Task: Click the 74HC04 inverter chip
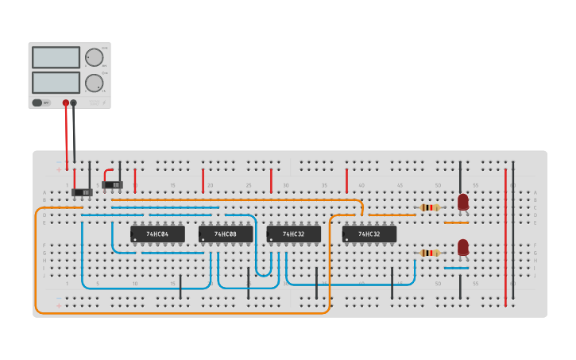pyautogui.click(x=157, y=234)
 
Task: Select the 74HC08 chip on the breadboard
pyautogui.click(x=226, y=234)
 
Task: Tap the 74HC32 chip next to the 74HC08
pyautogui.click(x=293, y=234)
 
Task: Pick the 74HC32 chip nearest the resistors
pyautogui.click(x=369, y=234)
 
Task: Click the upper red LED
pyautogui.click(x=463, y=202)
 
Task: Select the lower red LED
pyautogui.click(x=463, y=247)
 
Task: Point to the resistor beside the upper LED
pyautogui.click(x=430, y=207)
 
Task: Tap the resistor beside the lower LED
pyautogui.click(x=430, y=254)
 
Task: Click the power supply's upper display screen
pyautogui.click(x=56, y=57)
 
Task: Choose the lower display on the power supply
pyautogui.click(x=56, y=83)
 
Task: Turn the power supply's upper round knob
pyautogui.click(x=94, y=57)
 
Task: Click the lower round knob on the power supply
pyautogui.click(x=94, y=83)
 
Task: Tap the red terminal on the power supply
pyautogui.click(x=66, y=103)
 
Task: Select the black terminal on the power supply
pyautogui.click(x=74, y=103)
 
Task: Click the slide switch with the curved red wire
pyautogui.click(x=113, y=185)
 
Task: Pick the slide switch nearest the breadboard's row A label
pyautogui.click(x=83, y=192)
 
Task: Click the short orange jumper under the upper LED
pyautogui.click(x=456, y=223)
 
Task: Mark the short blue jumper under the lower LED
pyautogui.click(x=456, y=268)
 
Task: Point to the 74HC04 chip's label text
pyautogui.click(x=157, y=234)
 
